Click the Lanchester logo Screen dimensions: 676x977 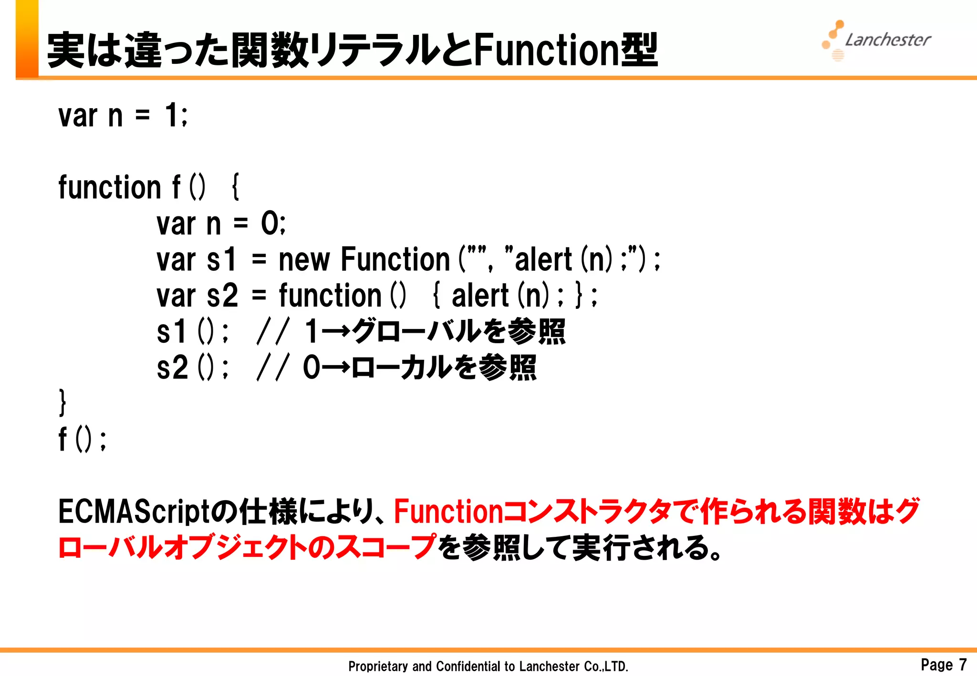(877, 40)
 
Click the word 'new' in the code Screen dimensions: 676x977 (304, 260)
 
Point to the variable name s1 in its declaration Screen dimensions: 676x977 (221, 260)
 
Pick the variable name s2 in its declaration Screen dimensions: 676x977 (222, 296)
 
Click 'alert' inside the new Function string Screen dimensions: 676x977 (543, 260)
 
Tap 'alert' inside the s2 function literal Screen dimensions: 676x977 (480, 296)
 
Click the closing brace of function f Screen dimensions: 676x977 (62, 403)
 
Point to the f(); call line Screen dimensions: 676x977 (82, 439)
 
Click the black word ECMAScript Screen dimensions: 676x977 (134, 512)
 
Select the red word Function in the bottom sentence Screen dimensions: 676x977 (448, 512)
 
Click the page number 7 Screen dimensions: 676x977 (963, 664)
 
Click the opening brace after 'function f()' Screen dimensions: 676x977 (235, 187)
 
